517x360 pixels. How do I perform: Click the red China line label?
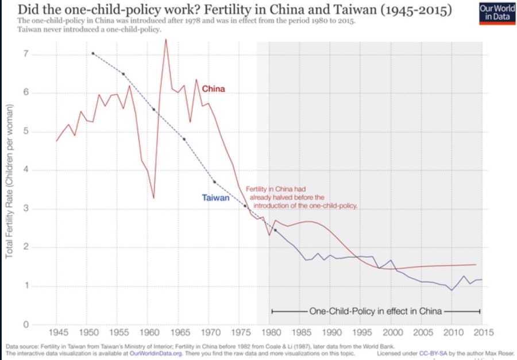point(213,89)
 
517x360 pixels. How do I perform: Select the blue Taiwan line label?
point(215,198)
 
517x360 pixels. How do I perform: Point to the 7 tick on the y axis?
point(26,55)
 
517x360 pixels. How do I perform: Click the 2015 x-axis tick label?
point(484,332)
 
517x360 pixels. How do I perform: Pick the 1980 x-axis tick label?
point(272,332)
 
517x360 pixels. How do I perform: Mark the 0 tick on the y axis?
point(26,325)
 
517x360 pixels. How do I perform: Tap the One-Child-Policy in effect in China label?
point(376,311)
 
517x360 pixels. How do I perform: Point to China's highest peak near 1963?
point(165,39)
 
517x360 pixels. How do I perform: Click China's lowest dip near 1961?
point(153,198)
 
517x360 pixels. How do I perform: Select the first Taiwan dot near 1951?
point(92,53)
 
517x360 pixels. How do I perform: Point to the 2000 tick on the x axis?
point(393,332)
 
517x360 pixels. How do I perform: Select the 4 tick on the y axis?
point(26,170)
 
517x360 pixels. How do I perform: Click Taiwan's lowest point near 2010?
point(452,290)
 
